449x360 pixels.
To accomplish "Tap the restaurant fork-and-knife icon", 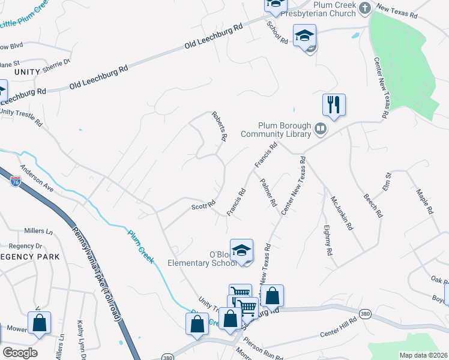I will [333, 104].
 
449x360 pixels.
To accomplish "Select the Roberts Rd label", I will [219, 126].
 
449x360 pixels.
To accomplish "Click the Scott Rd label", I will [203, 206].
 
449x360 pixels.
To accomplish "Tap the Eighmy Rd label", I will [328, 240].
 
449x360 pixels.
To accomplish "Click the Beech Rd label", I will [372, 205].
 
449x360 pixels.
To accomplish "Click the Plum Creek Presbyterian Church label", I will [335, 10].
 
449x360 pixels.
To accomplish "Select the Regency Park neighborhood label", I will [30, 257].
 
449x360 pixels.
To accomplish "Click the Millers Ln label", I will [38, 231].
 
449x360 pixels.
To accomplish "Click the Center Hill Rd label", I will [338, 331].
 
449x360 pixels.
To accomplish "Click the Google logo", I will [20, 352].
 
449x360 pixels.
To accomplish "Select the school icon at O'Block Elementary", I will [241, 251].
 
